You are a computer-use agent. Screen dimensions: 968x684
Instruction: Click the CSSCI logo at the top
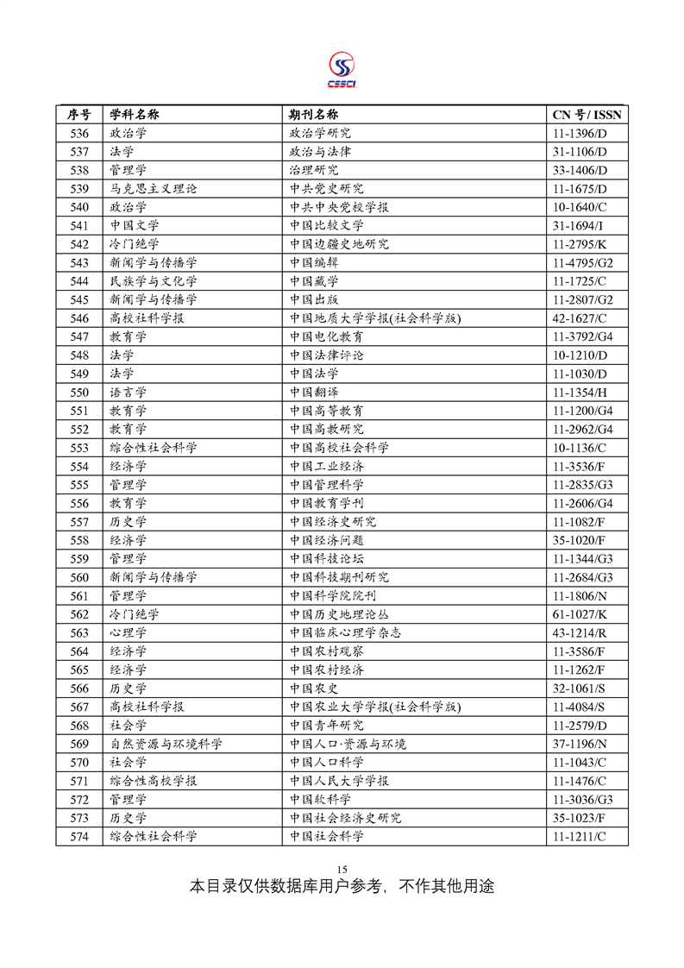(x=342, y=69)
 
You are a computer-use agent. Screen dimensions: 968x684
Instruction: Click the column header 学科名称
(x=134, y=115)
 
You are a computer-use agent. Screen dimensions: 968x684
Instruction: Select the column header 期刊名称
(x=314, y=115)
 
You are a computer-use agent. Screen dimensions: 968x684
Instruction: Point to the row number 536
(x=79, y=134)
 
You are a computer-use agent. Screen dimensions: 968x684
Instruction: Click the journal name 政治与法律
(x=320, y=152)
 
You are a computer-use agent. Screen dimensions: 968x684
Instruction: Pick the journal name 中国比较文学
(x=326, y=226)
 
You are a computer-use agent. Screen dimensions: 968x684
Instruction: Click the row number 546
(x=79, y=318)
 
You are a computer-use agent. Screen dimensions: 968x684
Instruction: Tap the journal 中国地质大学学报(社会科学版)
(x=375, y=318)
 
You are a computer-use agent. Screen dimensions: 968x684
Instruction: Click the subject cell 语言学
(x=128, y=393)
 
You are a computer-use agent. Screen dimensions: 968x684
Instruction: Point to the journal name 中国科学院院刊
(x=332, y=595)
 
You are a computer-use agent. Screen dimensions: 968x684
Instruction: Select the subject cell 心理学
(x=128, y=632)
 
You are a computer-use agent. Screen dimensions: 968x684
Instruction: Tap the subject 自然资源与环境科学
(x=166, y=744)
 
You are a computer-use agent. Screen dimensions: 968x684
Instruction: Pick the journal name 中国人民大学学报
(x=339, y=781)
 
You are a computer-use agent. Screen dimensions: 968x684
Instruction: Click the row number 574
(x=79, y=836)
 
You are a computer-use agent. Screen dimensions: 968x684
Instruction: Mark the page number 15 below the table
(x=342, y=869)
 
